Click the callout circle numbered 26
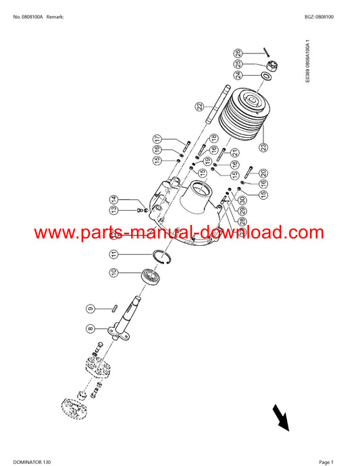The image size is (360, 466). pos(238,53)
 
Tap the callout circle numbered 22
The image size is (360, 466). pos(199,106)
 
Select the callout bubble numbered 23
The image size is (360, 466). pos(263,147)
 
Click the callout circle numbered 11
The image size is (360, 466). pos(114,254)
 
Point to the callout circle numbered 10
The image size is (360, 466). pos(114,272)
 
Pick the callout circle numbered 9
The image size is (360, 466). pos(91,309)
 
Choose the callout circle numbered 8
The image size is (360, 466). pos(91,329)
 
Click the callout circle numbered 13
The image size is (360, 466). pos(114,210)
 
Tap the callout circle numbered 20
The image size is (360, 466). pos(263,173)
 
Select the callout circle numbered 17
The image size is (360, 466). pos(157,139)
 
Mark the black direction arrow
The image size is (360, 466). pos(280,417)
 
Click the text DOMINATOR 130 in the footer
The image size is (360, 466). pos(32,462)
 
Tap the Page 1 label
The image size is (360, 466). pos(326,462)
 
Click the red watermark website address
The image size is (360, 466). pos(179,233)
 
